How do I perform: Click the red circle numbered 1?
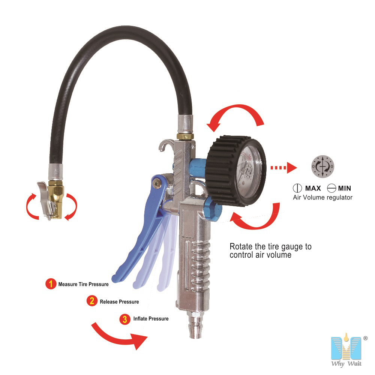pyautogui.click(x=51, y=284)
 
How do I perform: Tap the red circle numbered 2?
pyautogui.click(x=92, y=301)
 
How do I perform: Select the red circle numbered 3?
pyautogui.click(x=125, y=319)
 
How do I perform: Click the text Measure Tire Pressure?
pyautogui.click(x=83, y=284)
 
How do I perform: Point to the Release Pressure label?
pyautogui.click(x=119, y=301)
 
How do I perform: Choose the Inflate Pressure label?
pyautogui.click(x=151, y=319)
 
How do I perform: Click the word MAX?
pyautogui.click(x=312, y=188)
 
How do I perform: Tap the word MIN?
pyautogui.click(x=345, y=188)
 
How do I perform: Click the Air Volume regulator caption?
pyautogui.click(x=322, y=197)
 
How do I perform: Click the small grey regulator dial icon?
pyautogui.click(x=322, y=166)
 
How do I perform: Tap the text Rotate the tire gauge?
pyautogui.click(x=270, y=247)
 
